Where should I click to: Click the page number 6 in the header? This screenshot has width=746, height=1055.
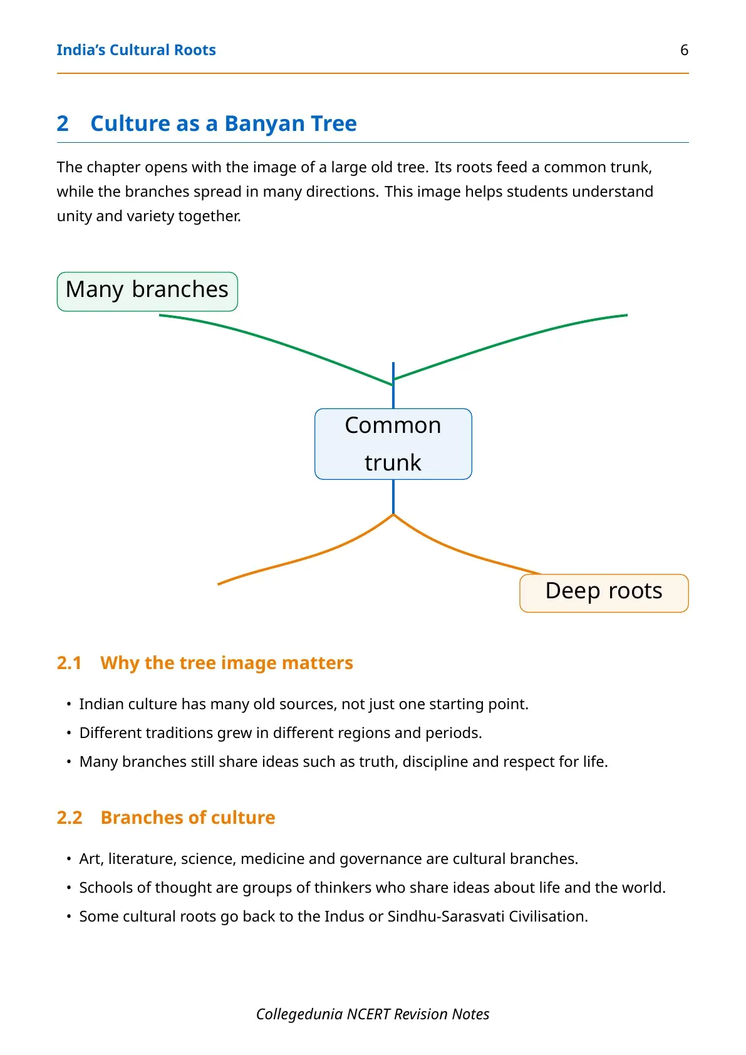coord(685,50)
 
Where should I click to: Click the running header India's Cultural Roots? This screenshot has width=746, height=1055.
coord(136,50)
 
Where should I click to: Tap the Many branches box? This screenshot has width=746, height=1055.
coord(147,291)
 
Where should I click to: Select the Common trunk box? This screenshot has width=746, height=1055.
coord(393,444)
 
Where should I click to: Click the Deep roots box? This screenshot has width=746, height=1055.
coord(604,593)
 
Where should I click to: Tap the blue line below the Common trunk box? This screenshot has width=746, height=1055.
coord(393,497)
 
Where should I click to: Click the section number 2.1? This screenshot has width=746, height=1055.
coord(70,663)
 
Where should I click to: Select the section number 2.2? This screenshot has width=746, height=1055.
coord(70,817)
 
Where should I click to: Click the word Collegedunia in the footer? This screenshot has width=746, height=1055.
coord(299,1014)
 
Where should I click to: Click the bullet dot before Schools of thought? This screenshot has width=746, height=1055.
coord(69,888)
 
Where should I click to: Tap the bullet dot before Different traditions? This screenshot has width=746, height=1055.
coord(69,734)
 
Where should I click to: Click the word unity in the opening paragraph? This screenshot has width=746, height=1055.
coord(74,216)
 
